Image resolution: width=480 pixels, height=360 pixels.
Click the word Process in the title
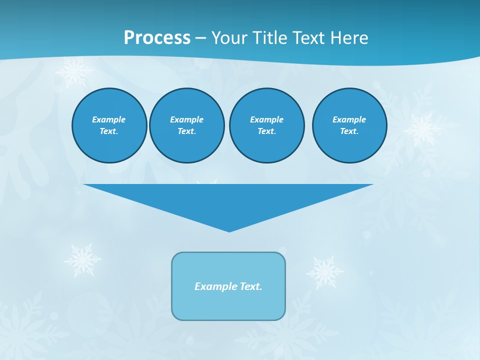coord(157,38)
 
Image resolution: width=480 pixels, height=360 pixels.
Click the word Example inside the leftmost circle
coord(109,119)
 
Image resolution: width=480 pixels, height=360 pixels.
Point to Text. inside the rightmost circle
coord(349,131)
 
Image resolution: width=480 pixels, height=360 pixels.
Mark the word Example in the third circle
coord(266,119)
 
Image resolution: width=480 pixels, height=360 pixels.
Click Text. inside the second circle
coord(186,131)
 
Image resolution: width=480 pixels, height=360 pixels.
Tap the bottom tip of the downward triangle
coord(229,231)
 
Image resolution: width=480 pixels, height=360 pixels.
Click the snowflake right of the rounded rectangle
coord(324,272)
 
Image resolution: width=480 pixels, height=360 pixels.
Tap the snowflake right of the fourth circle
coord(423,128)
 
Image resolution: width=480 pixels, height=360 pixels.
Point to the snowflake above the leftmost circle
coord(74,71)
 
